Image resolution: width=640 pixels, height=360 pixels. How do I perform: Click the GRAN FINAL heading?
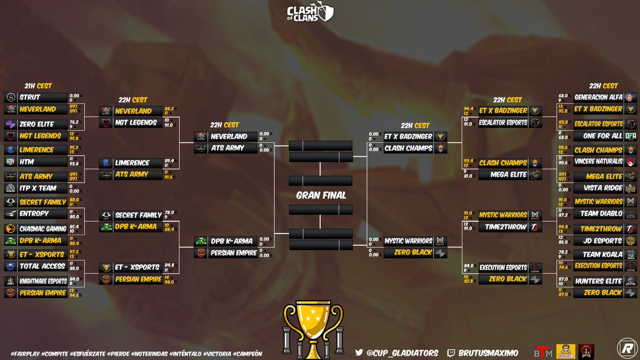pyautogui.click(x=321, y=195)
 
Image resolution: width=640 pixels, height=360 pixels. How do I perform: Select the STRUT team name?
pyautogui.click(x=30, y=98)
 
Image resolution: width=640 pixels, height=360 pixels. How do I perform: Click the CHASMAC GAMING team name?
pyautogui.click(x=43, y=228)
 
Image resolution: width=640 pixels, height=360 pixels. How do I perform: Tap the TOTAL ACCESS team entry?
pyautogui.click(x=41, y=266)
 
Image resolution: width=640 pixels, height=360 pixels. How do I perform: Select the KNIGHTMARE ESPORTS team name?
pyautogui.click(x=43, y=281)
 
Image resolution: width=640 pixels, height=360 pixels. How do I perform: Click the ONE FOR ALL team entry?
pyautogui.click(x=603, y=135)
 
